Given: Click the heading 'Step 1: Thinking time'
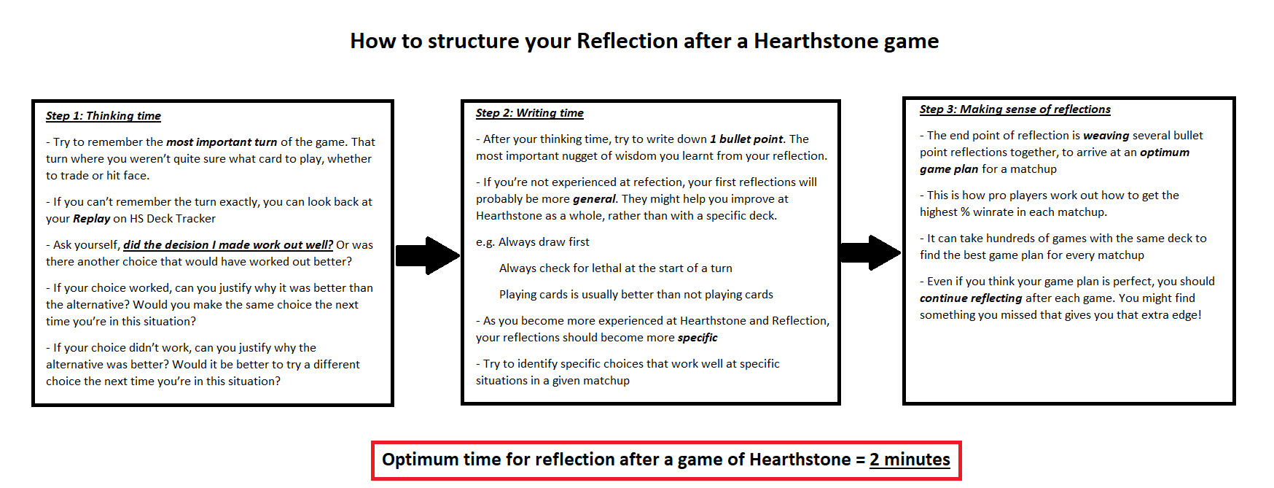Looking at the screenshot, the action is click(x=103, y=116).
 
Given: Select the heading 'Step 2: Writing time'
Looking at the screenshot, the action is click(x=530, y=113).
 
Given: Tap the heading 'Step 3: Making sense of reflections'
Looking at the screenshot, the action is click(x=1015, y=109).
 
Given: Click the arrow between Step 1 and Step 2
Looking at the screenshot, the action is click(x=428, y=255).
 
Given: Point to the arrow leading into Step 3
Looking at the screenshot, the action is click(x=870, y=252).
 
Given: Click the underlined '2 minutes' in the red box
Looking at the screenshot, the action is click(x=910, y=460).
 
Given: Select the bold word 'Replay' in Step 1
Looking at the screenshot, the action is click(x=91, y=219).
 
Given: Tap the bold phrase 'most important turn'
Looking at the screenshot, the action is click(x=222, y=142).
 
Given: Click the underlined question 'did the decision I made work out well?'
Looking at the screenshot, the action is click(x=228, y=245).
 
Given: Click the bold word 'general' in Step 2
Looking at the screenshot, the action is click(x=594, y=199).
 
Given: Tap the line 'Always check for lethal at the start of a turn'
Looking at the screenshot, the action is click(x=616, y=268).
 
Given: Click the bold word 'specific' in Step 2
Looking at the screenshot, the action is click(x=697, y=338).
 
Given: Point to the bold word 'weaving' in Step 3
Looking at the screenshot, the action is click(x=1106, y=136).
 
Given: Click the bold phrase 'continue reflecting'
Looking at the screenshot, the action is click(x=971, y=298).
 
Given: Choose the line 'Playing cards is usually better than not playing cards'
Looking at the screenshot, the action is click(x=636, y=295).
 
